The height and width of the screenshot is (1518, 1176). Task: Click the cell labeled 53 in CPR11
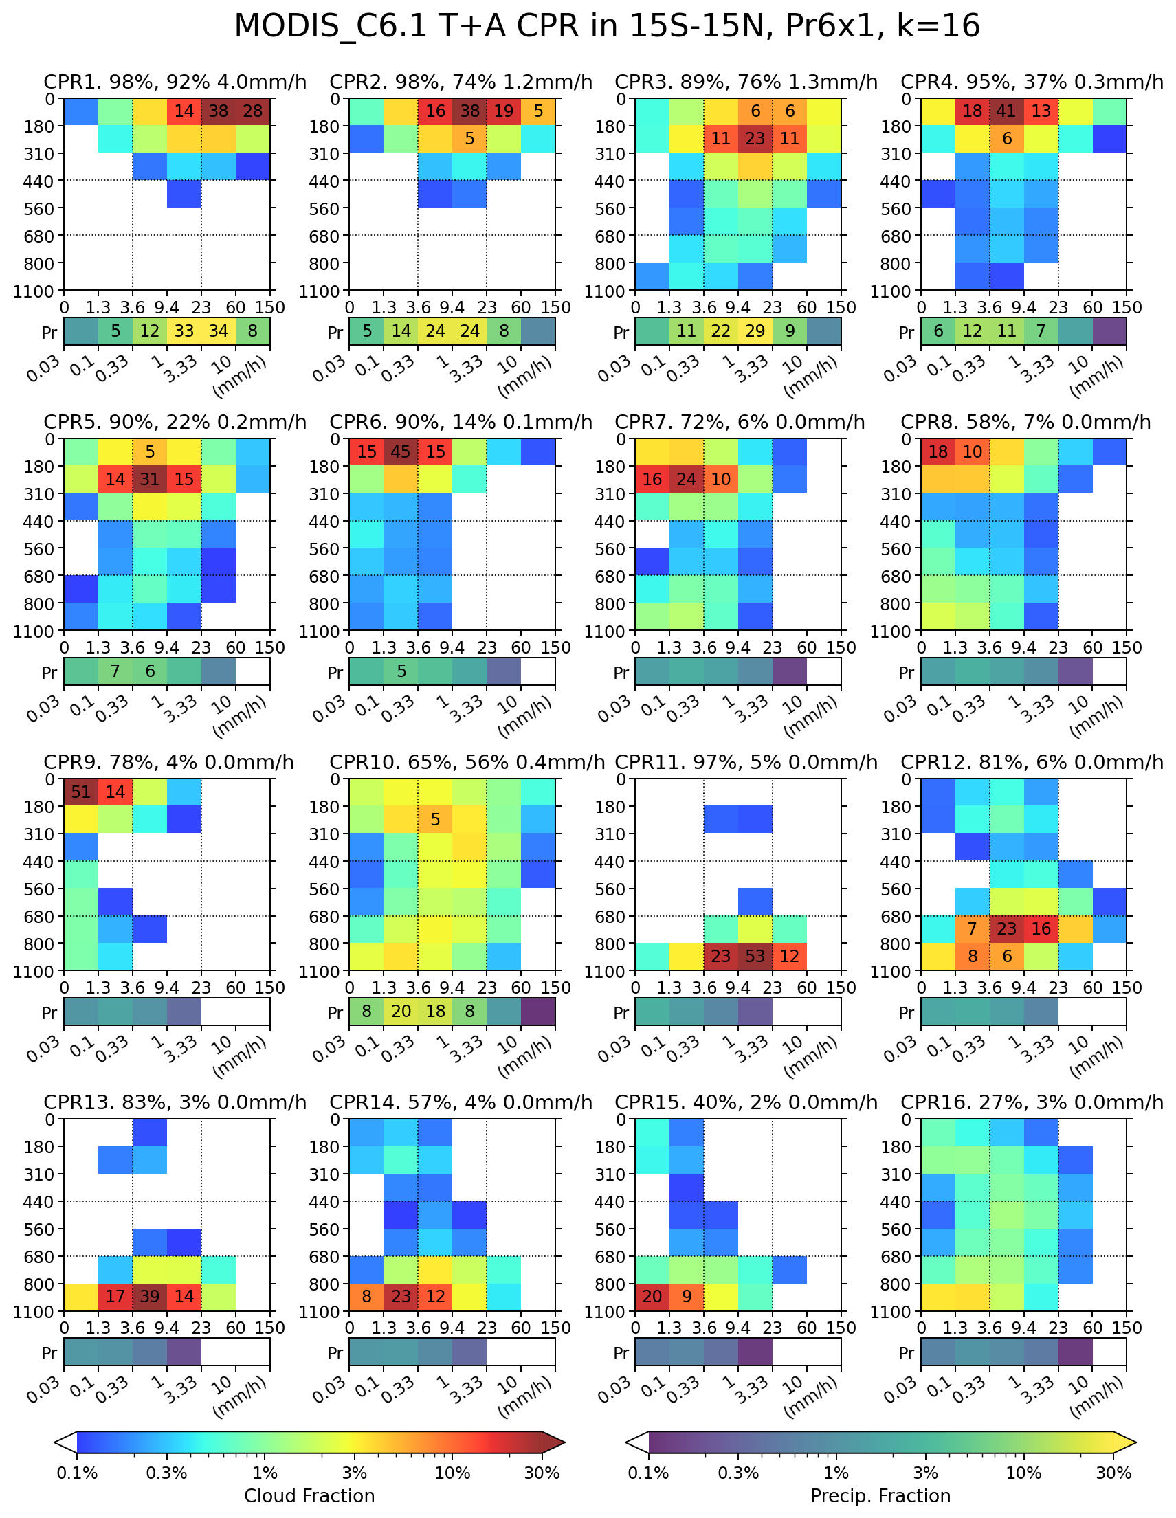[755, 957]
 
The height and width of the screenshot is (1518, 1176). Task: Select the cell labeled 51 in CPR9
[80, 792]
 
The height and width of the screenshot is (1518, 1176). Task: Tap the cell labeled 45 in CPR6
[400, 451]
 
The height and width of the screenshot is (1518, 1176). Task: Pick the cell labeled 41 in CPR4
[1006, 112]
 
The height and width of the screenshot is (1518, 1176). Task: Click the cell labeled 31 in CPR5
[149, 480]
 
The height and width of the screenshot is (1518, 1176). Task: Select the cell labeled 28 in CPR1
[253, 112]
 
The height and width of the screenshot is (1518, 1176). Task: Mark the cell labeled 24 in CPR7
[686, 480]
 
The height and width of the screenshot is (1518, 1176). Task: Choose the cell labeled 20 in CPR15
[652, 1297]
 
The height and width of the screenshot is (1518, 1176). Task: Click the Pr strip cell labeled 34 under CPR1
[219, 331]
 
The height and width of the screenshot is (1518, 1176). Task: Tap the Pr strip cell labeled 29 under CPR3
[755, 331]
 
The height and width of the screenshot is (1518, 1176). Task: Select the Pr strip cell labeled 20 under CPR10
[401, 1012]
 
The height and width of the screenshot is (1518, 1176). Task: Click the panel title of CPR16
[1032, 1102]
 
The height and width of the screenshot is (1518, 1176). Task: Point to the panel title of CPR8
[1025, 422]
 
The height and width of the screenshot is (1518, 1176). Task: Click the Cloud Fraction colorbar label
[309, 1496]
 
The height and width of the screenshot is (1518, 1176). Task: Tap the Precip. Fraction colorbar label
[880, 1496]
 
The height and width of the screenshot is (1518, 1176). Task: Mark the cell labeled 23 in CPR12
[1006, 929]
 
